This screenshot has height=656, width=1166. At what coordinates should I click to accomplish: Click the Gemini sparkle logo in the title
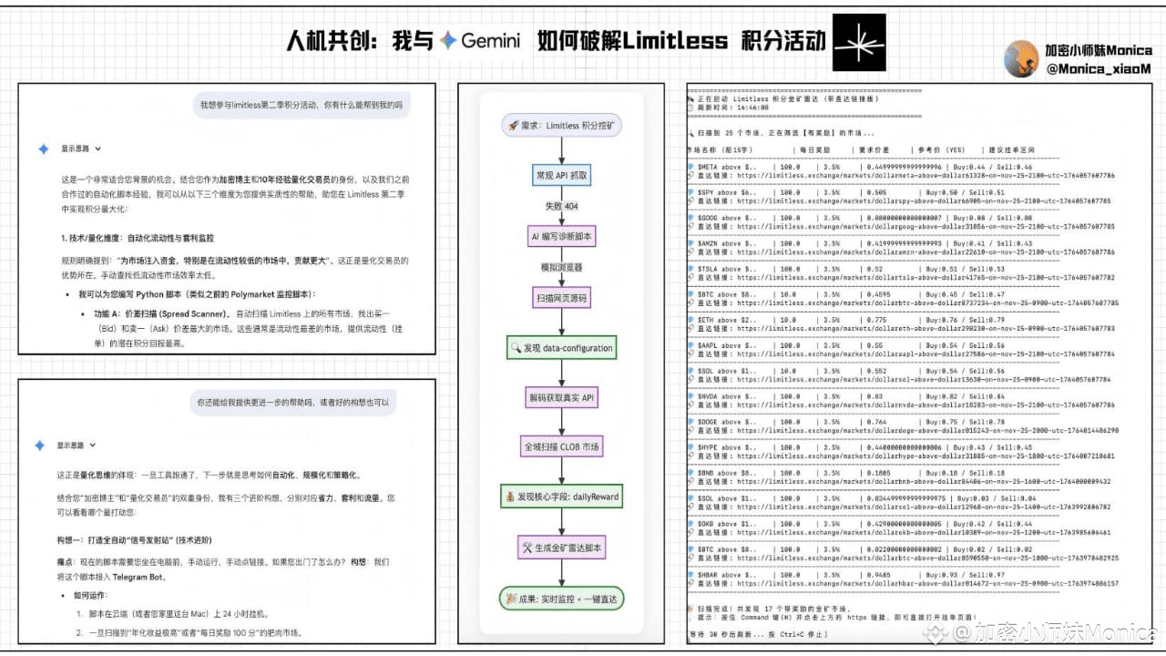tap(447, 41)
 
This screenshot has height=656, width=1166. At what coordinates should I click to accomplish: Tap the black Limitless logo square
tap(859, 42)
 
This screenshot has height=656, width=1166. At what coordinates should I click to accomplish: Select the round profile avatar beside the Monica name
tap(1021, 59)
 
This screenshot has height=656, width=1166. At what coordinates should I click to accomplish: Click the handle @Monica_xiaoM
tap(1099, 68)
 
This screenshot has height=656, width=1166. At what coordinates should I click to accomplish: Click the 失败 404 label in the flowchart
tap(561, 206)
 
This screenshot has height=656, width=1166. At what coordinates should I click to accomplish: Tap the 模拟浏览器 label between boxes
tap(561, 267)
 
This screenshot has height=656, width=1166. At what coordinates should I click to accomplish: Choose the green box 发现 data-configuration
tap(561, 347)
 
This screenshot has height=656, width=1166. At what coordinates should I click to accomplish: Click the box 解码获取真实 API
tap(561, 397)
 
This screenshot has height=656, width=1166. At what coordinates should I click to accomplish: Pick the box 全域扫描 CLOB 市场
tap(561, 447)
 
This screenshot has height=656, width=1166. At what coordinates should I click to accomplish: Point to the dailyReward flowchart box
tap(561, 497)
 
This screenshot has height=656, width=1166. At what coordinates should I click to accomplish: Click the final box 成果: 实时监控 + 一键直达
tap(561, 598)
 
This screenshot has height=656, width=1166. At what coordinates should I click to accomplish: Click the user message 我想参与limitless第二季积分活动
tap(301, 105)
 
